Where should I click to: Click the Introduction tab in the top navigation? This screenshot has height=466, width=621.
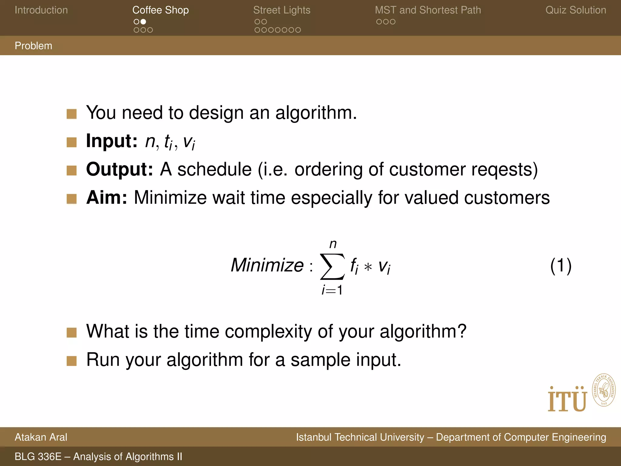[x=41, y=10]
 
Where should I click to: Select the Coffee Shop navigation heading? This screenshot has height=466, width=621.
[x=160, y=10]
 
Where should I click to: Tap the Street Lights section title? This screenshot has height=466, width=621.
[x=282, y=10]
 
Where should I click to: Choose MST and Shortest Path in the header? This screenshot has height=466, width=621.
[x=428, y=10]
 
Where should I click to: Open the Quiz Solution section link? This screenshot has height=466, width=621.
[x=576, y=10]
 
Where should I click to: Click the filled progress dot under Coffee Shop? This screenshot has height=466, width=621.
[x=143, y=22]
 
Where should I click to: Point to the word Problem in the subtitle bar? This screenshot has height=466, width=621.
[x=33, y=46]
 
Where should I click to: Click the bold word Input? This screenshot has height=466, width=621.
[x=112, y=141]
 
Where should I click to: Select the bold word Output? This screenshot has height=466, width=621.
[x=119, y=169]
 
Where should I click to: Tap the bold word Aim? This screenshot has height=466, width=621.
[x=106, y=198]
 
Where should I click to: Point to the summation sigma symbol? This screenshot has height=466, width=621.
[x=332, y=266]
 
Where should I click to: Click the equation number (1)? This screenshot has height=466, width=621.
[x=561, y=265]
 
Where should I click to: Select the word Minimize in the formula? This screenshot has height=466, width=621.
[x=267, y=265]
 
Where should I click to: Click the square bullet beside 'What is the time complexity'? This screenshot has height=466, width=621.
[x=72, y=333]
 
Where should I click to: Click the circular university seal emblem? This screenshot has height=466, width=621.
[x=604, y=390]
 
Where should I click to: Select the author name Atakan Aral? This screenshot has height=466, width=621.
[x=41, y=437]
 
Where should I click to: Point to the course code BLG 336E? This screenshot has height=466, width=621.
[x=38, y=457]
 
